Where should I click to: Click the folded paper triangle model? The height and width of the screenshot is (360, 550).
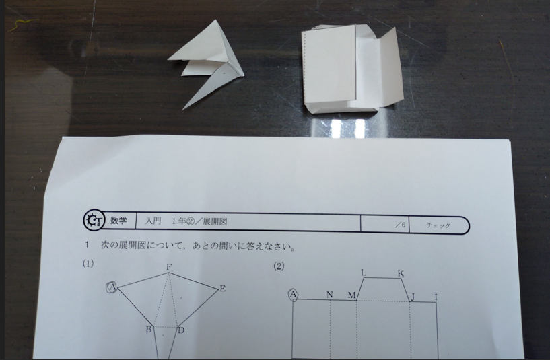click(211, 63)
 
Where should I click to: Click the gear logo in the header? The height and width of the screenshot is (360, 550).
click(94, 220)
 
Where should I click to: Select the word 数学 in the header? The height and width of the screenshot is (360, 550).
click(118, 221)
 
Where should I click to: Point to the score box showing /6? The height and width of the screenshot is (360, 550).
click(385, 224)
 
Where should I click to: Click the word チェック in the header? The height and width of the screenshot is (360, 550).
click(438, 225)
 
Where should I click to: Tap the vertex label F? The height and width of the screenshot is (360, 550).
click(169, 267)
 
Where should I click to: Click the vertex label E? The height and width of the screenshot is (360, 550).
click(222, 289)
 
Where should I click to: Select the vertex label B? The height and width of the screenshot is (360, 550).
click(149, 330)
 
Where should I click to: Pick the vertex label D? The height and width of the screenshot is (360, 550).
click(181, 330)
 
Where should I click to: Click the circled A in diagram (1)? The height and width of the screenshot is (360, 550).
click(112, 287)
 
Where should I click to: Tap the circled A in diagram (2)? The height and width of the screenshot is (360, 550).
click(294, 295)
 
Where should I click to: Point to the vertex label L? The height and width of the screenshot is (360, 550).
click(364, 273)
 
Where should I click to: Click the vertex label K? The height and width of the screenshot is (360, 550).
click(401, 273)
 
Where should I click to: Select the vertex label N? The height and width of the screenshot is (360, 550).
click(329, 295)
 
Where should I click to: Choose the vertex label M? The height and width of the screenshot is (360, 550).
click(352, 295)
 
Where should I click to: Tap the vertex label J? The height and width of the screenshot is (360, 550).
click(413, 297)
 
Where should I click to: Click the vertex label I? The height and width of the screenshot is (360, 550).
click(436, 297)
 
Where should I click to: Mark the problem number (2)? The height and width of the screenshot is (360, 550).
click(279, 266)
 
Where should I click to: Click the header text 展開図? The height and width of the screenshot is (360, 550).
click(215, 221)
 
